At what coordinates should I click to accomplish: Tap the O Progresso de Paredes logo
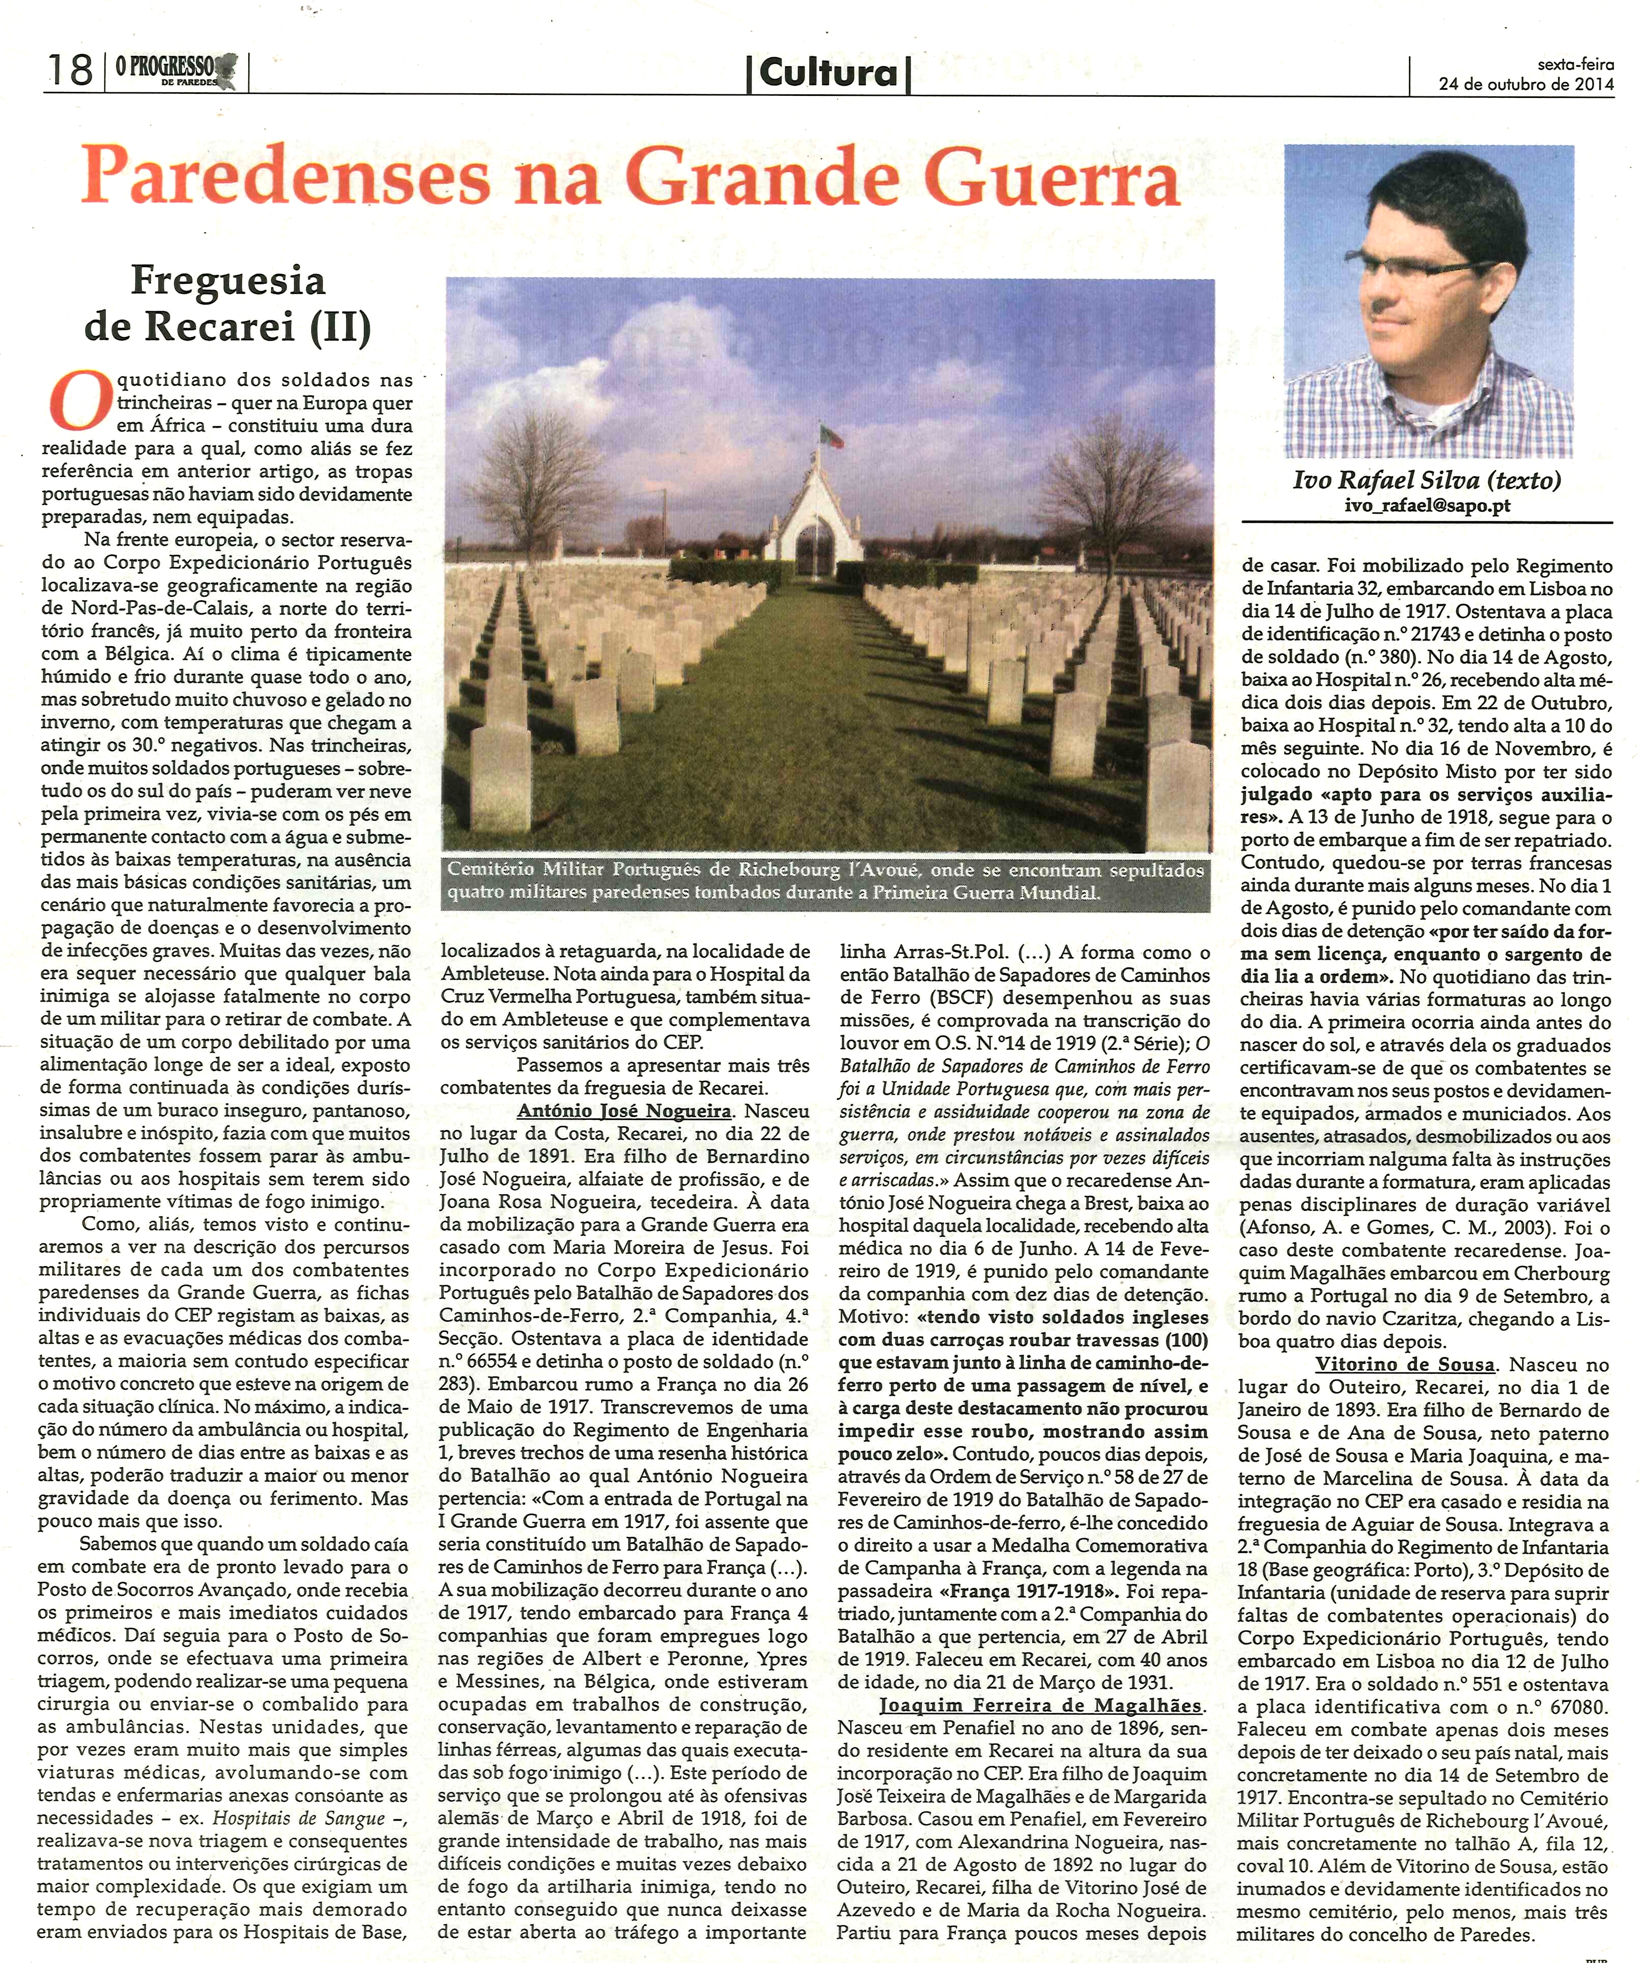[x=176, y=70]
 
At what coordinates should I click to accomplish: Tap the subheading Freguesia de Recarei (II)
[x=228, y=303]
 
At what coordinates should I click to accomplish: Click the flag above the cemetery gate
[x=829, y=436]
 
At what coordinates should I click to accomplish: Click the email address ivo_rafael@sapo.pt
[x=1427, y=506]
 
